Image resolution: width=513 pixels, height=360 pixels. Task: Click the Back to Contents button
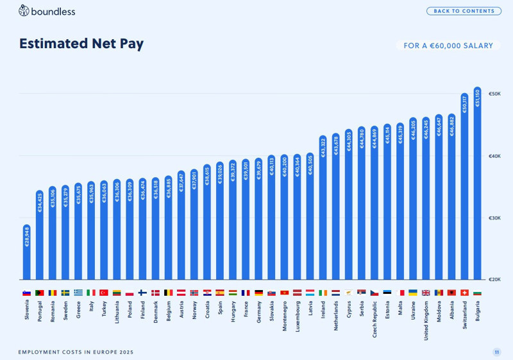[x=464, y=11]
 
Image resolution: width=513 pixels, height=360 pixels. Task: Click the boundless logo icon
[x=24, y=10]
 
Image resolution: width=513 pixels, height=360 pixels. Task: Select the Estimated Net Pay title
[x=81, y=44]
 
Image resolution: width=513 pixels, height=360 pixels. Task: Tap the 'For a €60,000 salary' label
[x=448, y=46]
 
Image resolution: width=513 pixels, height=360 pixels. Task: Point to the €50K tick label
[x=494, y=94]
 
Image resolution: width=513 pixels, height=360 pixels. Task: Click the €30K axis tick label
[x=494, y=218]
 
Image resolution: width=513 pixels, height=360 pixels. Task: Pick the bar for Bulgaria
[x=478, y=186]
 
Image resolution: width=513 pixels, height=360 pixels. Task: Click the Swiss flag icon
[x=465, y=293]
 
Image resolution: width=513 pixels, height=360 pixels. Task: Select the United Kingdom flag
[x=426, y=293]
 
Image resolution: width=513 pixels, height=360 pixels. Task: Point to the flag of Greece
[x=78, y=293]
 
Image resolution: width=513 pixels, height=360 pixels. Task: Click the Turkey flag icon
[x=104, y=293]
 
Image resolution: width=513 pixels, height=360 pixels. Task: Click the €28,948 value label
[x=27, y=236]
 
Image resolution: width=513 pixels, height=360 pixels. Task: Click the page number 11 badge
[x=496, y=352]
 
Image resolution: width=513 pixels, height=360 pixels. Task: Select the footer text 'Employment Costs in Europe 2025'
[x=76, y=352]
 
